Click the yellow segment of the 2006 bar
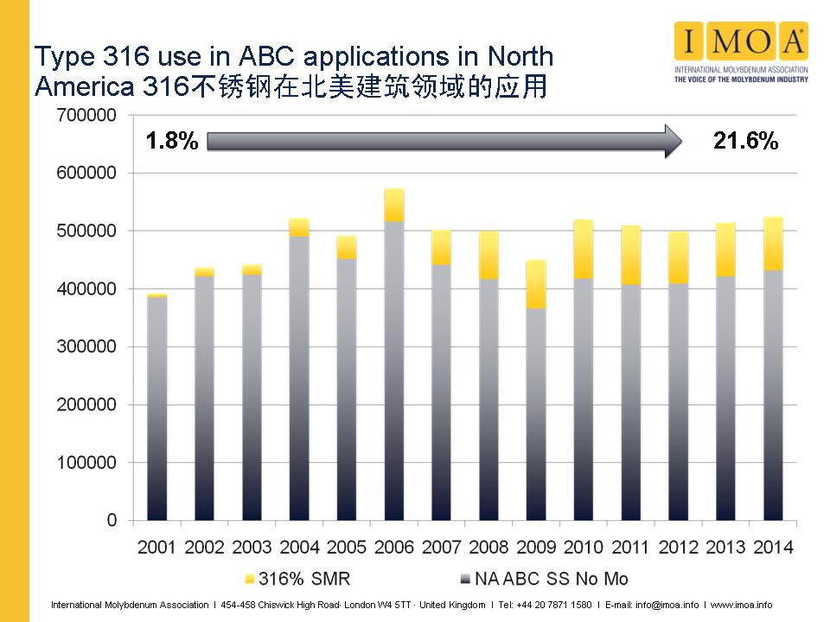point(394,206)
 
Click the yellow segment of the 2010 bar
point(584,249)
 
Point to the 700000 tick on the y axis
point(86,115)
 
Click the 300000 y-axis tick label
point(86,346)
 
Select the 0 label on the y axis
point(112,520)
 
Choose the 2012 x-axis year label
point(678,547)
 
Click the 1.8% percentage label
point(172,142)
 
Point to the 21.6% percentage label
point(745,142)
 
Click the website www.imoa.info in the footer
point(742,605)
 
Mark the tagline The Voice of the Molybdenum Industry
point(740,79)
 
